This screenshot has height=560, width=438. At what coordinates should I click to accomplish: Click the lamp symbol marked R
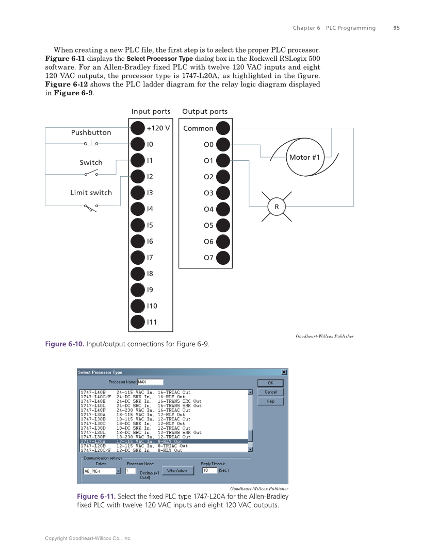pyautogui.click(x=277, y=207)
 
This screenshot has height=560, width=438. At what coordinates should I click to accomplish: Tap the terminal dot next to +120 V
pyautogui.click(x=138, y=128)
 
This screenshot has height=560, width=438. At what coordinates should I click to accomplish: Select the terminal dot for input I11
pyautogui.click(x=138, y=322)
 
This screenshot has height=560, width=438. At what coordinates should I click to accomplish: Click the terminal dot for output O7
pyautogui.click(x=223, y=258)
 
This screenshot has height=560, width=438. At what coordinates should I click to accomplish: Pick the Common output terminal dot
pyautogui.click(x=223, y=128)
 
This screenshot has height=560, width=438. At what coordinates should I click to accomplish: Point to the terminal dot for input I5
pyautogui.click(x=138, y=225)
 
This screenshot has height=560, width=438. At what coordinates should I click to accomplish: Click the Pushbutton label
pyautogui.click(x=91, y=132)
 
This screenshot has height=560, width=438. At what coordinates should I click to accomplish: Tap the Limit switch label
pyautogui.click(x=91, y=193)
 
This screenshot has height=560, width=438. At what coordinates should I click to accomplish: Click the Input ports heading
pyautogui.click(x=151, y=111)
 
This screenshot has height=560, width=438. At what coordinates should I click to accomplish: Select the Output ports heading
pyautogui.click(x=205, y=111)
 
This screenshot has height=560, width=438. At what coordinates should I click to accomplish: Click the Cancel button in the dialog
pyautogui.click(x=270, y=392)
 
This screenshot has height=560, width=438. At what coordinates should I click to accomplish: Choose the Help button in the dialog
pyautogui.click(x=270, y=401)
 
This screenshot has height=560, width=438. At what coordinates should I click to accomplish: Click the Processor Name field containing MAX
pyautogui.click(x=150, y=382)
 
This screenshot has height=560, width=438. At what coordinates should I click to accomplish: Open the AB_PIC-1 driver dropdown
pyautogui.click(x=118, y=471)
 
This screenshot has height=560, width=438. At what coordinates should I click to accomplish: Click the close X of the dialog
pyautogui.click(x=284, y=372)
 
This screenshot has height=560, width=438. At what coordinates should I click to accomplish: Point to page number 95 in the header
pyautogui.click(x=396, y=28)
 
